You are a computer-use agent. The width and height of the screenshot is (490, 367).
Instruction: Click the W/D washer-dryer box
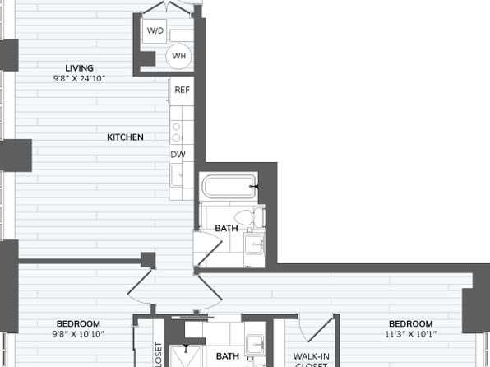click(x=155, y=30)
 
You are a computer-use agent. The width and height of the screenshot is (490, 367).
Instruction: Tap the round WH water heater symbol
click(x=178, y=56)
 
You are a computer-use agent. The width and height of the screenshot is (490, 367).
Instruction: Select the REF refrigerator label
click(x=182, y=91)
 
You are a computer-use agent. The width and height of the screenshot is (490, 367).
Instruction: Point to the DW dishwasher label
click(x=178, y=154)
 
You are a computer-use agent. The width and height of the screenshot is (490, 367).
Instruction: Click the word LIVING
click(x=80, y=68)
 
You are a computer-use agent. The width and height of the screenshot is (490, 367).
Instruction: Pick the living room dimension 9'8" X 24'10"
click(x=80, y=78)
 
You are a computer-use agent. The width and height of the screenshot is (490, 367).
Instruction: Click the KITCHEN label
click(x=125, y=137)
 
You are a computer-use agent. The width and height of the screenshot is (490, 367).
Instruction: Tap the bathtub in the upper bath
click(x=229, y=186)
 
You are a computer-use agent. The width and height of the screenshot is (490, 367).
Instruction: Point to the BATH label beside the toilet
click(x=227, y=229)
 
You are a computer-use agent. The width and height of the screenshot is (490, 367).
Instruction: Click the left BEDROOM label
click(x=78, y=324)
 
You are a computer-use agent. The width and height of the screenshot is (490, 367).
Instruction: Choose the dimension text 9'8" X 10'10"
click(x=78, y=334)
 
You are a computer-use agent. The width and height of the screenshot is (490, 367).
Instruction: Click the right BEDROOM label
click(x=410, y=324)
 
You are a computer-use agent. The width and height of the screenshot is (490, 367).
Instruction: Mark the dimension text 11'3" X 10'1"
click(x=410, y=334)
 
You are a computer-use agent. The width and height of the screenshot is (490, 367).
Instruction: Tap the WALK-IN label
click(x=312, y=356)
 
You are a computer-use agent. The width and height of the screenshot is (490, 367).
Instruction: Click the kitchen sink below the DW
click(x=177, y=176)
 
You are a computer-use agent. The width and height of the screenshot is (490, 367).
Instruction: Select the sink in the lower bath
click(x=256, y=345)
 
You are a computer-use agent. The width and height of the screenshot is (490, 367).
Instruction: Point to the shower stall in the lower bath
click(x=187, y=356)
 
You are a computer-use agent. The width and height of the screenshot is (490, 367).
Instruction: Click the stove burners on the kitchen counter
click(x=177, y=132)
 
